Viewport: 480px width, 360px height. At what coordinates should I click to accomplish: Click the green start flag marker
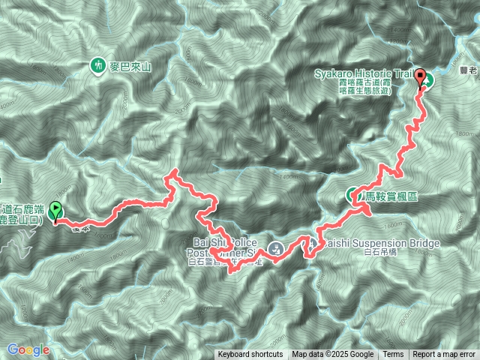pos(55,214)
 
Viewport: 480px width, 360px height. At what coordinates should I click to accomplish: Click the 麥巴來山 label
pos(131,67)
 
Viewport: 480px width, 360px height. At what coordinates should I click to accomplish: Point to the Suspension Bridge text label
pos(375,244)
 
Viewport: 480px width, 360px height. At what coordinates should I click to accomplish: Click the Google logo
pos(28,349)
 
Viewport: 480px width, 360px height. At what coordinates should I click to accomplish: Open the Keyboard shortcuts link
pos(250,355)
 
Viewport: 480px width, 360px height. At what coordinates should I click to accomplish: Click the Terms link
pos(393,355)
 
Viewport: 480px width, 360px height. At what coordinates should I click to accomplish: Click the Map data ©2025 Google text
pos(333,355)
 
